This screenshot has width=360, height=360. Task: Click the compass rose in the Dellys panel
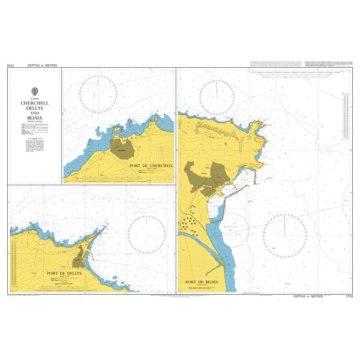[146, 232]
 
